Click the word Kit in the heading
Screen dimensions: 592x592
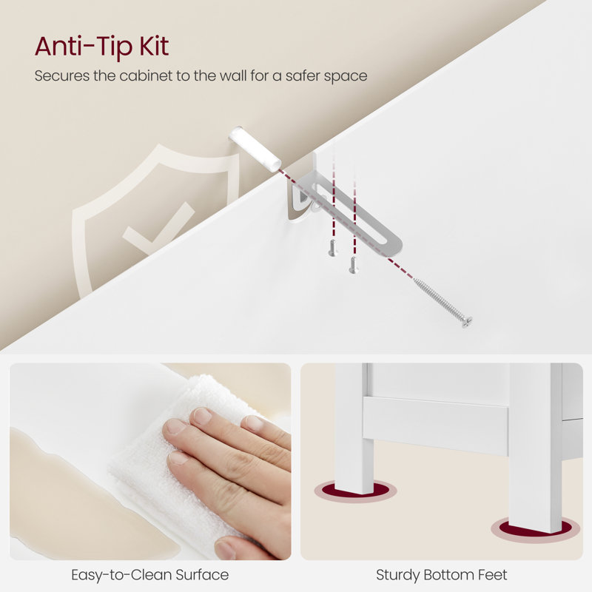154,46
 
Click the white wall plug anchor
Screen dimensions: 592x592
255,149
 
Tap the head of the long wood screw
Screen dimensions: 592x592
467,322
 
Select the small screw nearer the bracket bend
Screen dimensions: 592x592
332,248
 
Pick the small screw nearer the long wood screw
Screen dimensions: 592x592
353,265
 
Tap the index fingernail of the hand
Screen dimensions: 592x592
202,417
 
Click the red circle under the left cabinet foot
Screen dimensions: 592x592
355,491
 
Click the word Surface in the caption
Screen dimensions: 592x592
202,575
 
